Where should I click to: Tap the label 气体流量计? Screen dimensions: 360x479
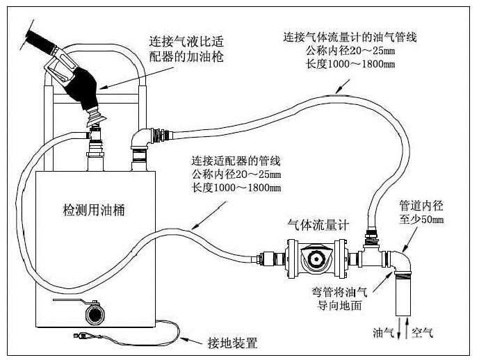tap(318, 224)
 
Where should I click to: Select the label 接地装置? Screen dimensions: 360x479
tap(233, 343)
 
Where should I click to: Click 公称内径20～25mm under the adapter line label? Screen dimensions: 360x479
tap(236, 174)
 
